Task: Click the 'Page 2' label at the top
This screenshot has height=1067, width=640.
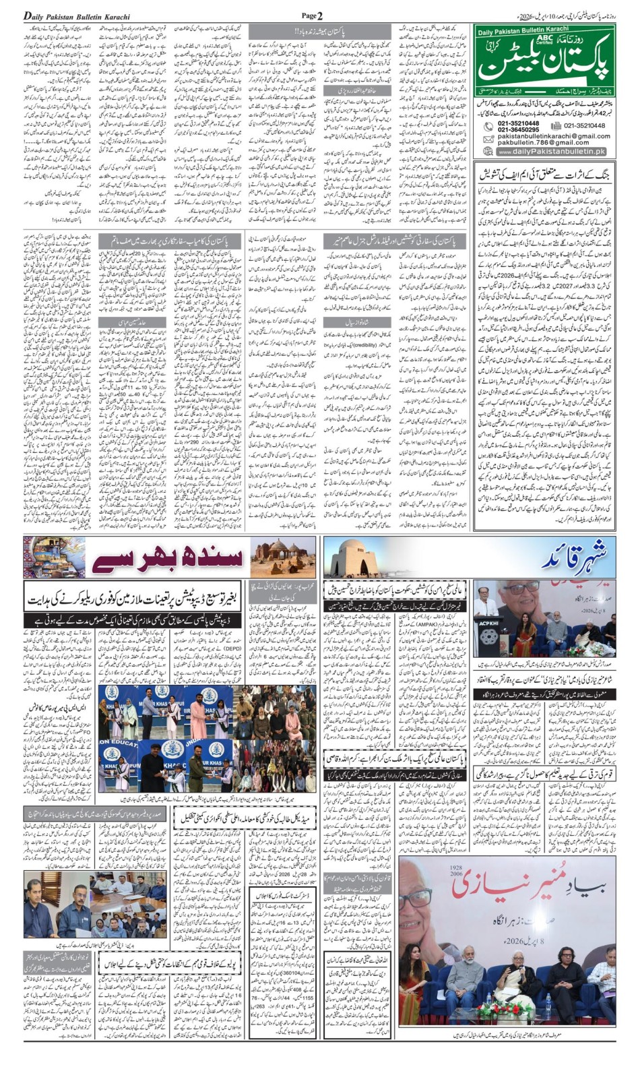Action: pos(312,16)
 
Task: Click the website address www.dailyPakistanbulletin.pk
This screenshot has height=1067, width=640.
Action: pos(552,152)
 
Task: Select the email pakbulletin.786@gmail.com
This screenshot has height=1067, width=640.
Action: pos(543,142)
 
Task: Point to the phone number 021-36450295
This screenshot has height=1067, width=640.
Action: pos(518,129)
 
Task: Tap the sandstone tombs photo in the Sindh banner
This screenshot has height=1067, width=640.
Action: pos(283,557)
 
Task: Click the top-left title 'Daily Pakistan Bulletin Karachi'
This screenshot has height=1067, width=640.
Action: pos(77,16)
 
